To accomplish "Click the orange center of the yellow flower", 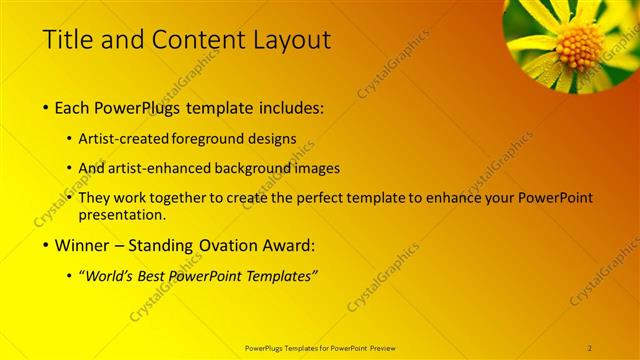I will (x=579, y=46).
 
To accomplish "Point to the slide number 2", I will (x=590, y=347).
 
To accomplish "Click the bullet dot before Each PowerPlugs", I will (x=46, y=107).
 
